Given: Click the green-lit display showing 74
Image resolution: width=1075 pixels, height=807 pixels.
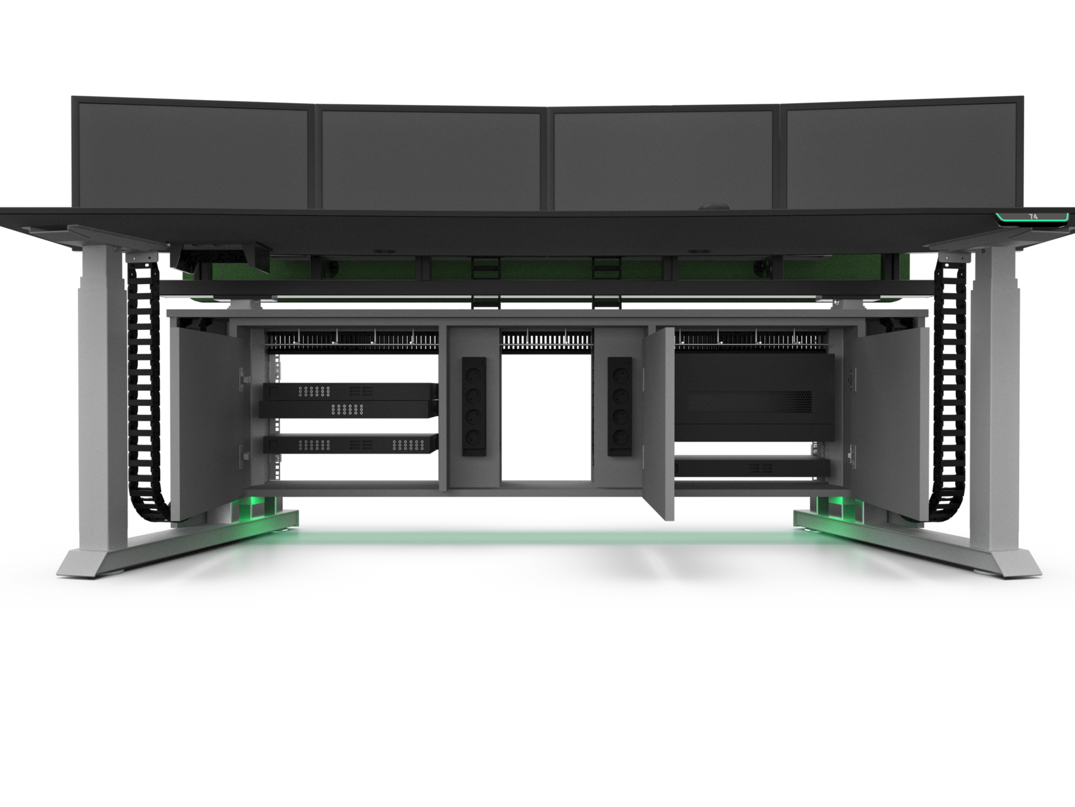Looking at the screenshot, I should pyautogui.click(x=1033, y=217).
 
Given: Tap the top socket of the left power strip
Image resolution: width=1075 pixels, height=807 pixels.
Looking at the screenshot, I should pyautogui.click(x=473, y=372).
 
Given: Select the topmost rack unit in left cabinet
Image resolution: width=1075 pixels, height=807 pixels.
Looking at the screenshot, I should pyautogui.click(x=350, y=391).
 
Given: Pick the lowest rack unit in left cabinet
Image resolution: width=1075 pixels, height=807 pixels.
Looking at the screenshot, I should pyautogui.click(x=350, y=444).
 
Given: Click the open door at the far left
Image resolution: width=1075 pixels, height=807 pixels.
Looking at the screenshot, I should pyautogui.click(x=204, y=423).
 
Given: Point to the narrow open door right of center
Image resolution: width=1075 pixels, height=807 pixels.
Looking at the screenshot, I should pyautogui.click(x=659, y=423).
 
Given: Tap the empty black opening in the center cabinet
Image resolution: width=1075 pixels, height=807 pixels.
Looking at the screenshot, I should pyautogui.click(x=546, y=418).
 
